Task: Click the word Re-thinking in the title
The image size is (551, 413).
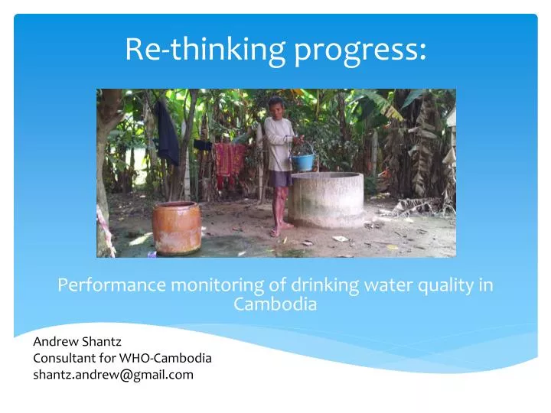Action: (x=204, y=50)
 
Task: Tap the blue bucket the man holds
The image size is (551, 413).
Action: (x=303, y=161)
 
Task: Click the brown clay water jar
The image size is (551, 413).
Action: (x=176, y=227)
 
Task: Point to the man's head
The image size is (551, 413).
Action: (x=275, y=105)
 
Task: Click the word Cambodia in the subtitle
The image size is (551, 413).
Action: (x=275, y=304)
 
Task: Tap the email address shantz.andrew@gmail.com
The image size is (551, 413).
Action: (x=113, y=375)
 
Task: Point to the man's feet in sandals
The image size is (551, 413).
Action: (x=279, y=229)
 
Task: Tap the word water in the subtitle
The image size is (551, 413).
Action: (x=385, y=285)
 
